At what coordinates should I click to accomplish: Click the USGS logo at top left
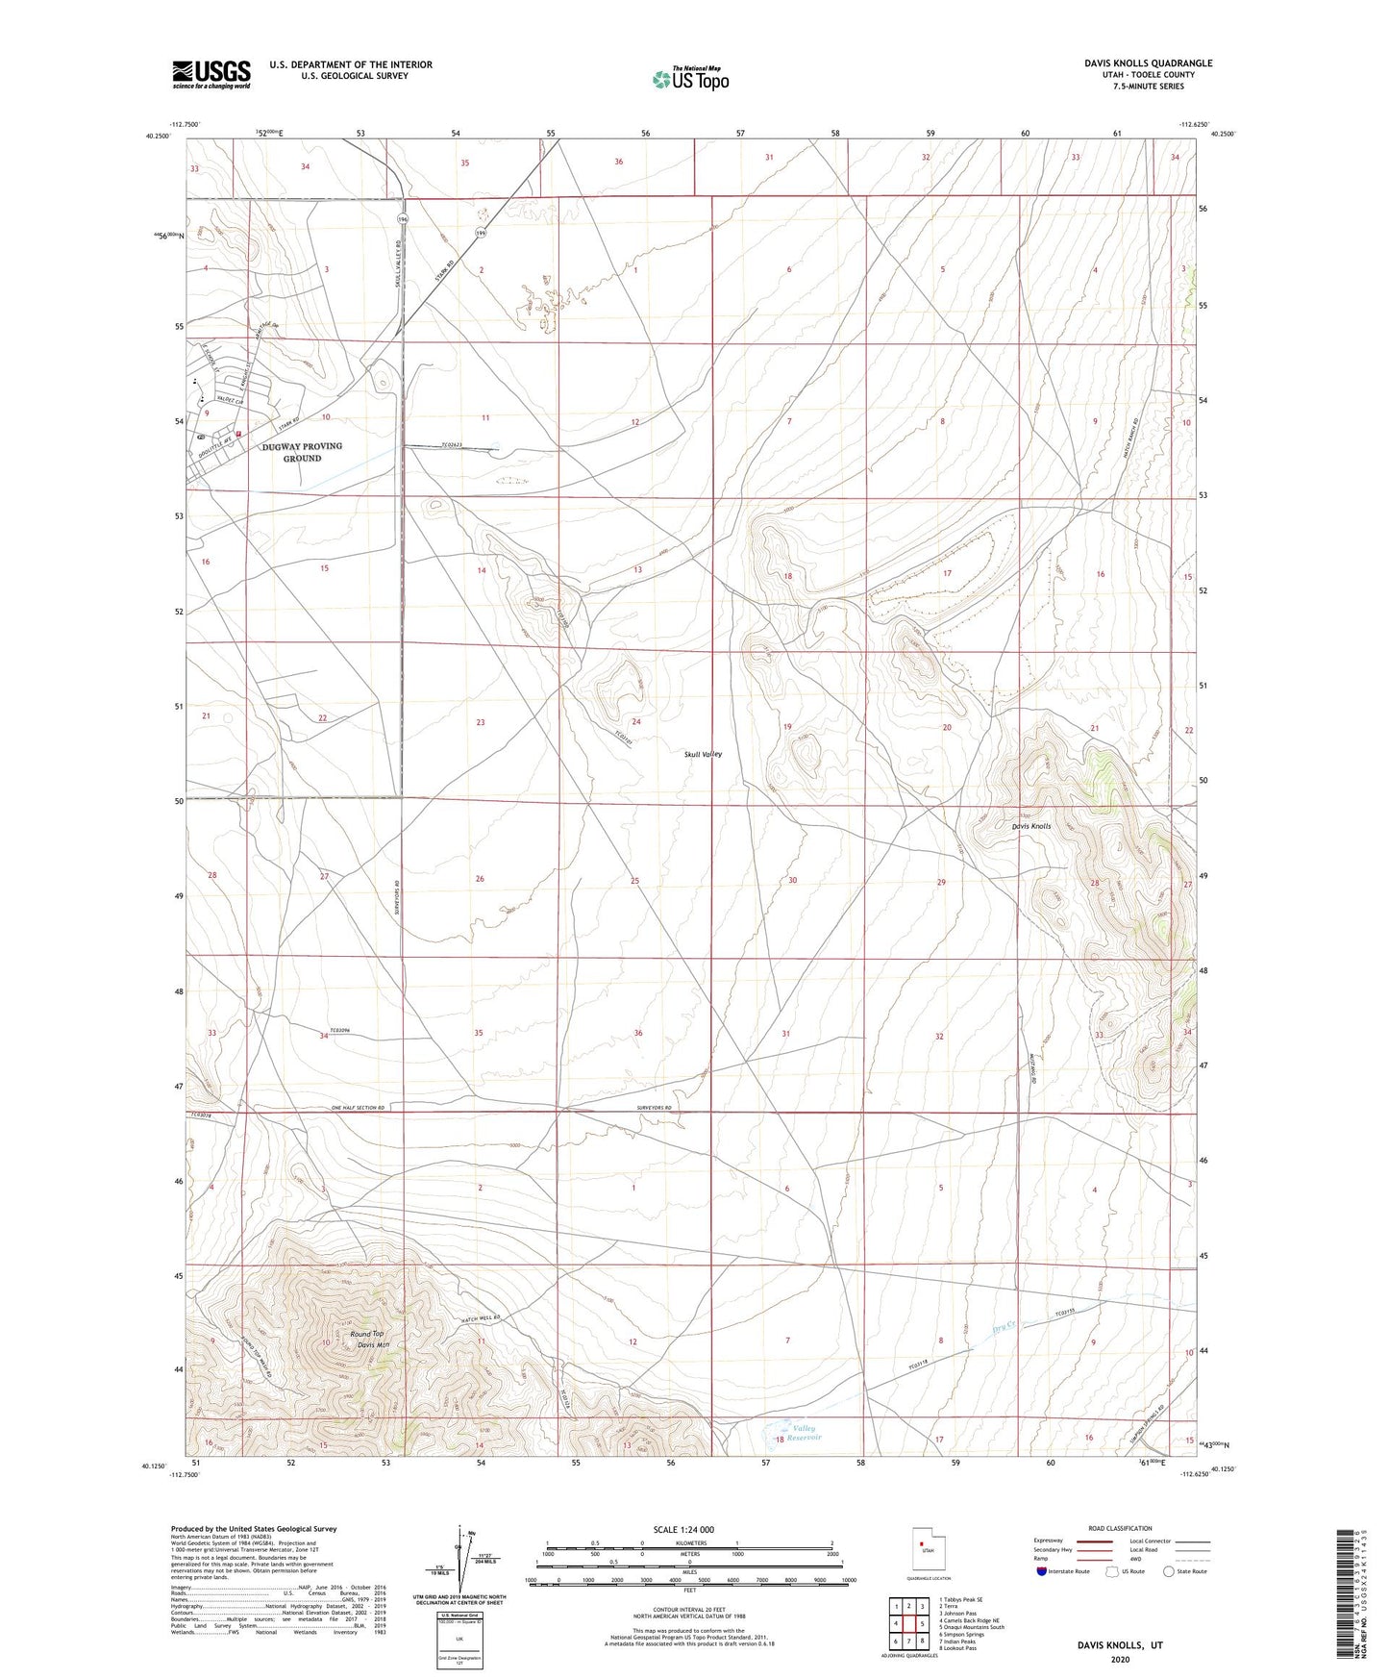pos(211,74)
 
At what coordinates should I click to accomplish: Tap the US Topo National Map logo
pos(689,78)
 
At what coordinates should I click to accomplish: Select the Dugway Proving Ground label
pos(302,452)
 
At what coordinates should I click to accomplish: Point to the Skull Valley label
pos(703,754)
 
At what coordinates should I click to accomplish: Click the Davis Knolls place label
pos(1030,826)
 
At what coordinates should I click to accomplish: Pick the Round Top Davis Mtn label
pos(366,1340)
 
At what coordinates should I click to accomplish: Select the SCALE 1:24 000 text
pos(689,1530)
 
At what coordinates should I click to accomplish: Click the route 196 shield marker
pos(402,221)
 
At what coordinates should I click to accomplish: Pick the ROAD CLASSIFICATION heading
pos(1120,1528)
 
